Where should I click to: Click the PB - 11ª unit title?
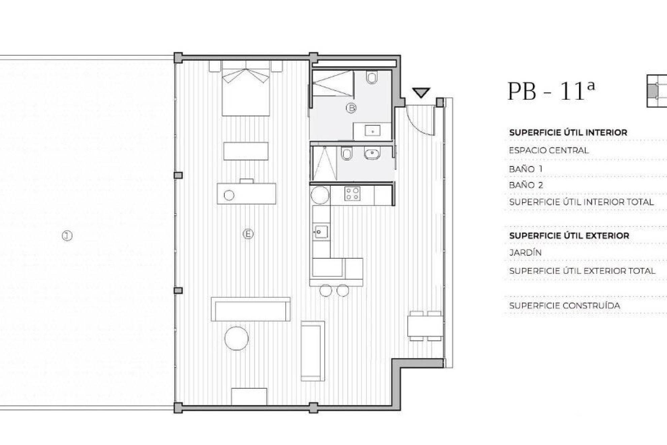pyautogui.click(x=551, y=91)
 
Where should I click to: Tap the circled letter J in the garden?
pyautogui.click(x=67, y=236)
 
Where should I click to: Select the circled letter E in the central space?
pyautogui.click(x=248, y=234)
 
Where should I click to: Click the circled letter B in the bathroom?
pyautogui.click(x=351, y=108)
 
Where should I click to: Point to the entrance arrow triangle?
pyautogui.click(x=421, y=92)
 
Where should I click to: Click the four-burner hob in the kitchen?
pyautogui.click(x=352, y=194)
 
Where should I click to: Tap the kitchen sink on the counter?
pyautogui.click(x=320, y=232)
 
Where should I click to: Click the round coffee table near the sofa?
pyautogui.click(x=236, y=338)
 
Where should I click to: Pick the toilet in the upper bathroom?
pyautogui.click(x=372, y=78)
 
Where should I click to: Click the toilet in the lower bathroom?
pyautogui.click(x=347, y=154)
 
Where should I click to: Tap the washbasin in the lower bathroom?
pyautogui.click(x=372, y=154)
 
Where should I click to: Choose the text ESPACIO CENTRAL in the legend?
pyautogui.click(x=548, y=150)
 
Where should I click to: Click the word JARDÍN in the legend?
pyautogui.click(x=525, y=253)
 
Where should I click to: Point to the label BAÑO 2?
pyautogui.click(x=526, y=185)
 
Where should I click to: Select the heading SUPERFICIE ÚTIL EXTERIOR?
pyautogui.click(x=569, y=236)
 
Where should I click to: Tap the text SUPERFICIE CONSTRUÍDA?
pyautogui.click(x=564, y=306)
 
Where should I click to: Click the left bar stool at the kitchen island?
pyautogui.click(x=325, y=290)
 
